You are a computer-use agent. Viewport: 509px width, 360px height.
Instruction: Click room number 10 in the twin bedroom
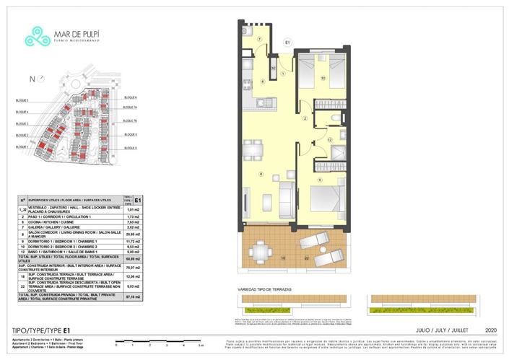tap(323, 77)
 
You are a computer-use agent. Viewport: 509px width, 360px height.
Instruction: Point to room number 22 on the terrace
tap(308, 257)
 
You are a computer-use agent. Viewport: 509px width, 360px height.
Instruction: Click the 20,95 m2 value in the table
tap(131, 234)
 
